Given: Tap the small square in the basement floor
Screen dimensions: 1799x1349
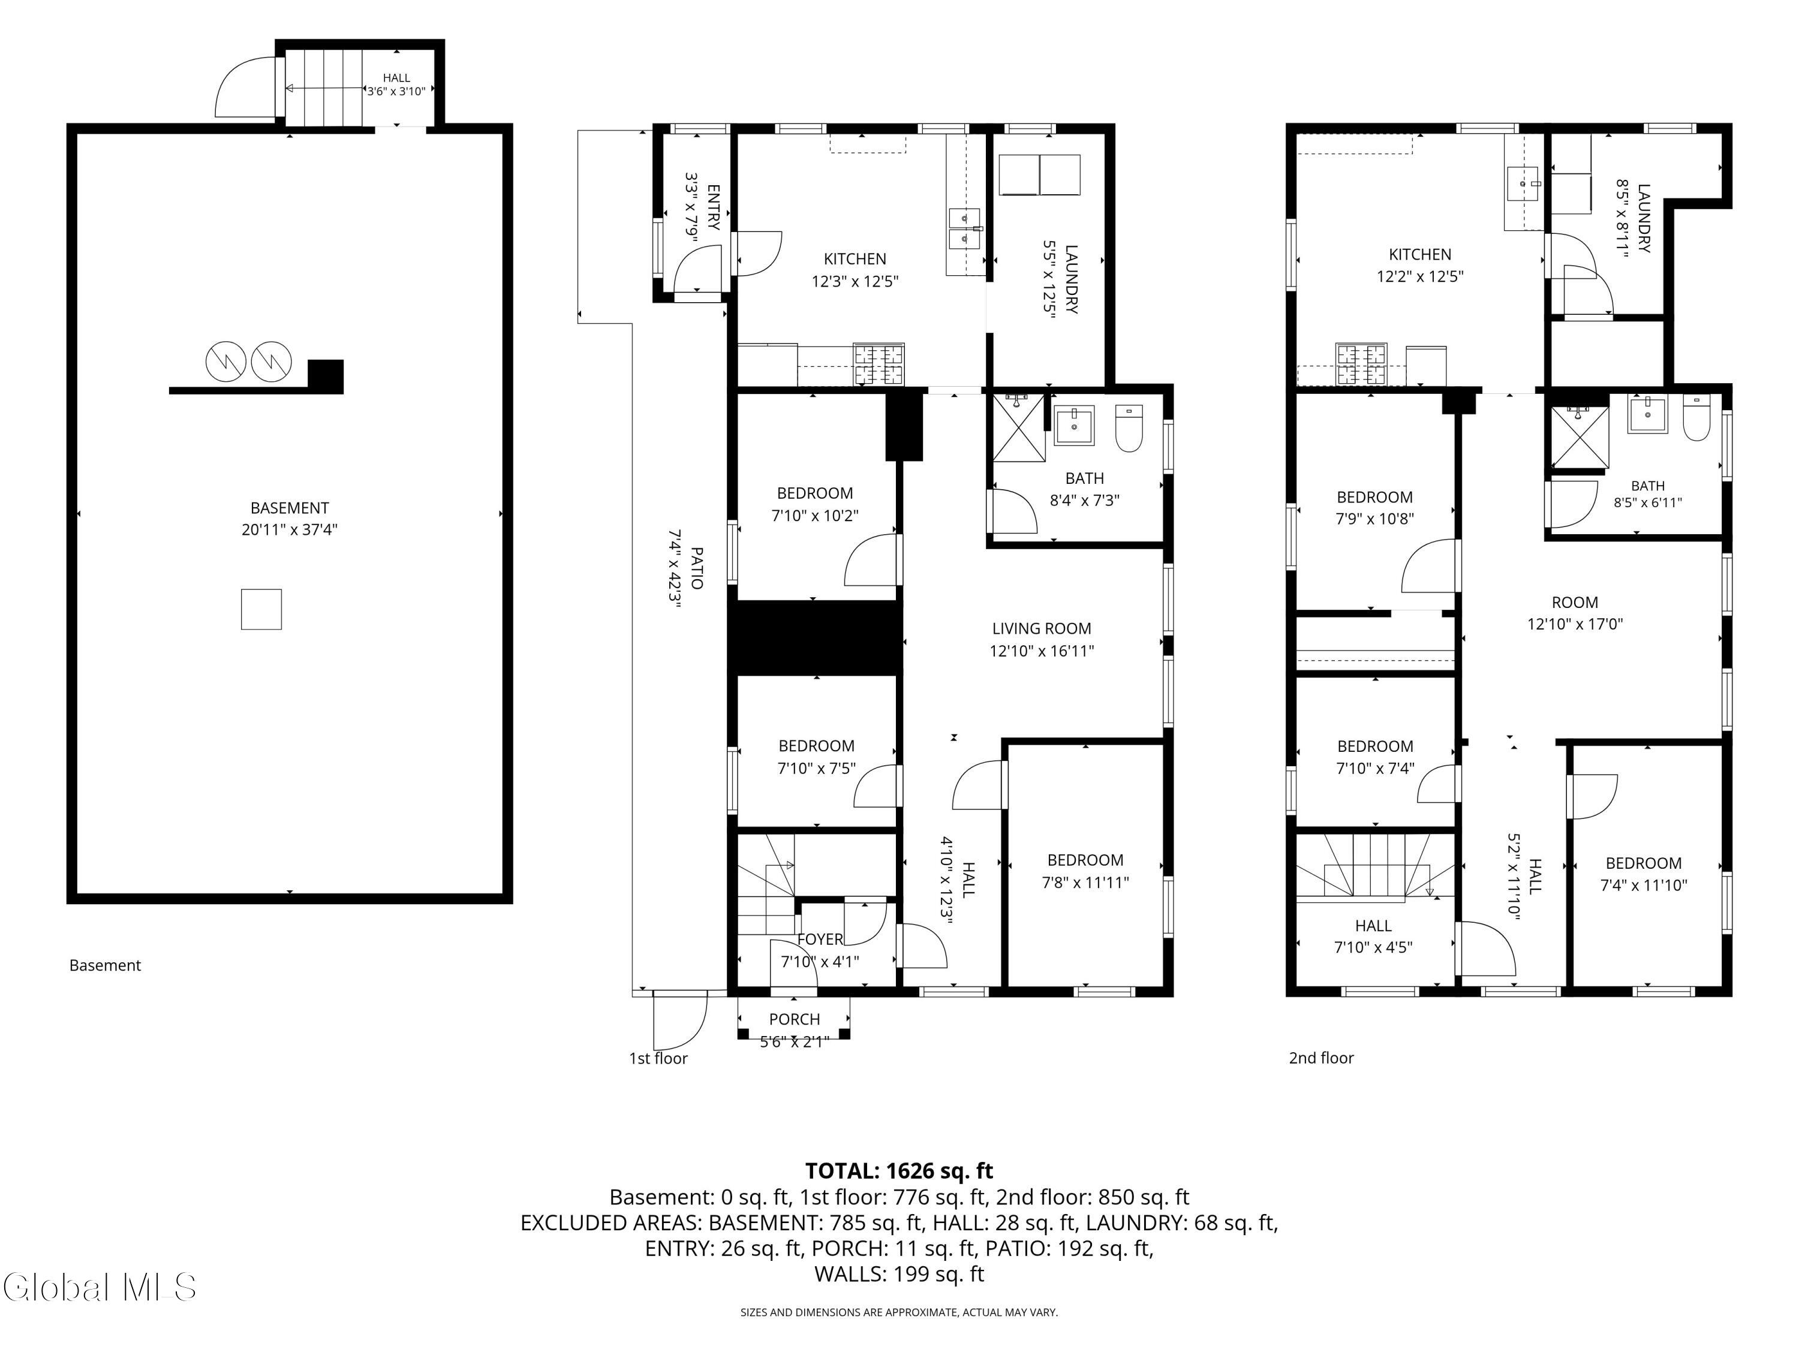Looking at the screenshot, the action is (261, 609).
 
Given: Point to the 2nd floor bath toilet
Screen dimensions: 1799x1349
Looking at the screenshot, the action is (1696, 417).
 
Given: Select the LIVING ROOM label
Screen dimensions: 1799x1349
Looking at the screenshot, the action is (1042, 628).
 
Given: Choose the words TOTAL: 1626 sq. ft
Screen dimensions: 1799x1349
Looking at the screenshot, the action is (899, 1171).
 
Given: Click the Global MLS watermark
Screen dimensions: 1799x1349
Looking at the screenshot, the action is (99, 1287).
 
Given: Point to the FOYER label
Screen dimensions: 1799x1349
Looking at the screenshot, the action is (820, 939).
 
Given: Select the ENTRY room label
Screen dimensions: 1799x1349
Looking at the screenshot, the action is (713, 207).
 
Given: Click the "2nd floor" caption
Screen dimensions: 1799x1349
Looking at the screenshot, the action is (1322, 1058).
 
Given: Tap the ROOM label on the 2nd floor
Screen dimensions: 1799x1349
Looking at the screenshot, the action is (1575, 603).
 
